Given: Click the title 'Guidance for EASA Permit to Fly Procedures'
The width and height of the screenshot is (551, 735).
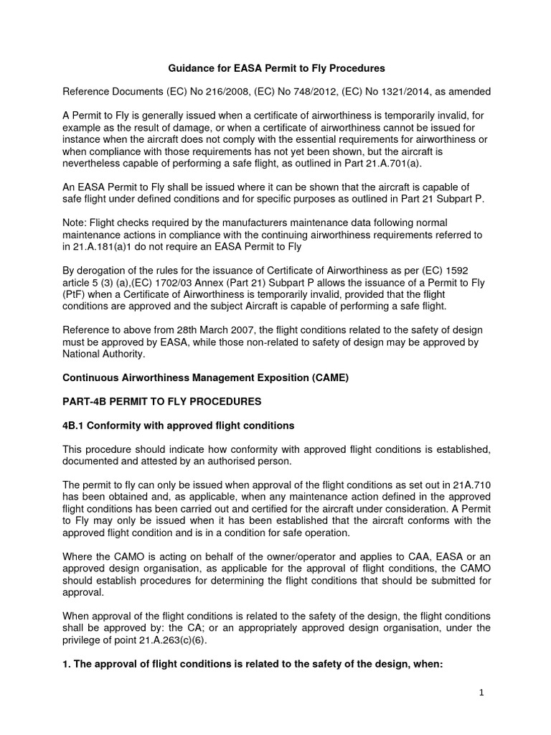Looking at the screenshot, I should [x=276, y=68].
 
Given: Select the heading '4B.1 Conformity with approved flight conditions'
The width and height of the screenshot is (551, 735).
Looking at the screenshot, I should [x=179, y=425].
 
